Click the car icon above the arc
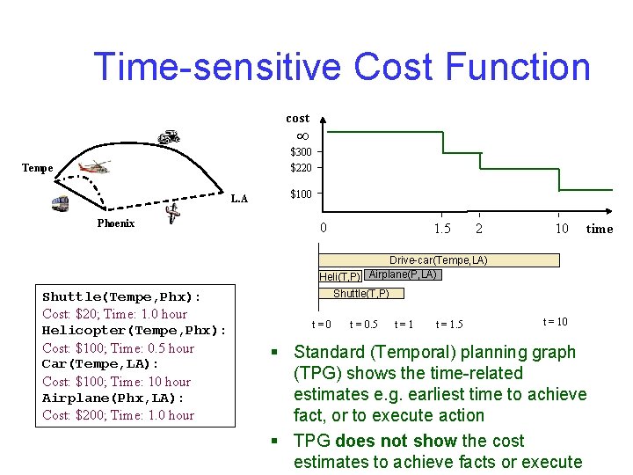point(168,136)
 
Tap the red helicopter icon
point(94,167)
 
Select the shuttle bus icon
point(61,204)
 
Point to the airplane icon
point(173,214)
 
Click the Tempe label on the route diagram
point(37,168)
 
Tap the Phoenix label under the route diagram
point(115,223)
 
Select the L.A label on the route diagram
point(238,199)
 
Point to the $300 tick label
point(301,152)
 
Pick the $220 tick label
point(301,168)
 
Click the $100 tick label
point(301,194)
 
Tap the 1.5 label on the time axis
point(442,229)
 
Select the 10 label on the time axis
point(561,229)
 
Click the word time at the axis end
point(600,229)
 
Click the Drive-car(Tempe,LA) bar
point(439,259)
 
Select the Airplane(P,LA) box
point(403,274)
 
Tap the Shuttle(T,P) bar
point(360,294)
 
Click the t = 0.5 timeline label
point(363,325)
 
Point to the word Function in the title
point(518,67)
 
